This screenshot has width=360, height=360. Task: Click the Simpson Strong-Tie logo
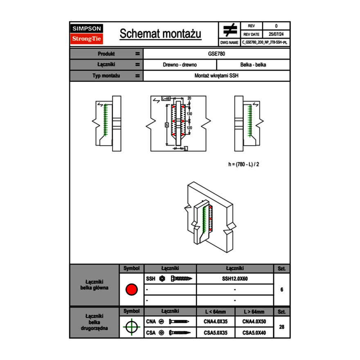click(87, 34)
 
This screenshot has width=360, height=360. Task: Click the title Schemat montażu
click(160, 34)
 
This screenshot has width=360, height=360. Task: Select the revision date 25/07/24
click(276, 34)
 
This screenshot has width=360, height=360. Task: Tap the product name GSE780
click(217, 54)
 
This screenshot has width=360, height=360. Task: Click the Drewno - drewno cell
click(180, 65)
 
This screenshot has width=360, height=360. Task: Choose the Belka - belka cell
click(253, 65)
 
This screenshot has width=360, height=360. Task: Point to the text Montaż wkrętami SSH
click(217, 76)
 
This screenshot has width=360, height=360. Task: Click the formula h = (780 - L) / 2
click(244, 164)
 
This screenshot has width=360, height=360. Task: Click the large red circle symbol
click(131, 290)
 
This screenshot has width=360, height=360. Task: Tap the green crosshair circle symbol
click(131, 327)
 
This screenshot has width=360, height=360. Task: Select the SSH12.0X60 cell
click(235, 279)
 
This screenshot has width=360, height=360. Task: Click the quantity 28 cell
click(281, 327)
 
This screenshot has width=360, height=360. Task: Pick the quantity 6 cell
click(281, 290)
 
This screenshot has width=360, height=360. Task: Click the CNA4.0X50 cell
click(254, 322)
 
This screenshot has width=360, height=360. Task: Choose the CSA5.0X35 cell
click(216, 333)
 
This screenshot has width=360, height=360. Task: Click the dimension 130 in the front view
click(189, 114)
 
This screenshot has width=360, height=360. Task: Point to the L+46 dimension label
click(166, 99)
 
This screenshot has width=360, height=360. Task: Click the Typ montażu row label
click(106, 76)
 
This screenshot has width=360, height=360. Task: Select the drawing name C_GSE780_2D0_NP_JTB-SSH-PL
click(265, 42)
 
